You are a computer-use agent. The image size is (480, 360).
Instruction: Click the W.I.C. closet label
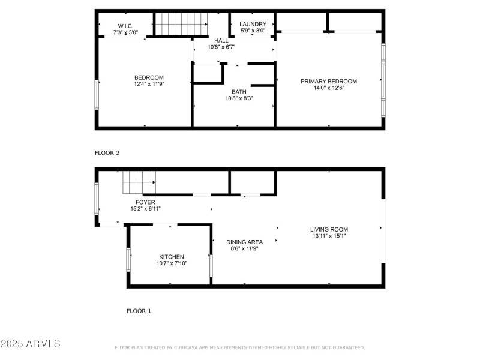125,26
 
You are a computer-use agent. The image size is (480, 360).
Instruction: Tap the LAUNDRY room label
253,24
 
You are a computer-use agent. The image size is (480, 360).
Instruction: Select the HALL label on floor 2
221,40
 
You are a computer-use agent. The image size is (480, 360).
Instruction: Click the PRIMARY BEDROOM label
328,82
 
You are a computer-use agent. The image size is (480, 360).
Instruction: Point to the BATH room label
239,92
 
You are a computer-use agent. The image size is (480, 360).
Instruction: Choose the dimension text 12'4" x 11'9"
149,85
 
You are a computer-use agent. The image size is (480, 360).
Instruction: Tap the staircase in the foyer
139,181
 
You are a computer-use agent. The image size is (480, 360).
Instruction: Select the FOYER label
145,202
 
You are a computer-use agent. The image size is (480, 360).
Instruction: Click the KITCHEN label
171,257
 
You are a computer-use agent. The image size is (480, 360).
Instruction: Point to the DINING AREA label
244,242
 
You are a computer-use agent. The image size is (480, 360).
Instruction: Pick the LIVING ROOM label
329,229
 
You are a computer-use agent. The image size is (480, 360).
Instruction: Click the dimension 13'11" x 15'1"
329,236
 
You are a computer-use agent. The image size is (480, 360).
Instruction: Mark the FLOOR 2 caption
107,153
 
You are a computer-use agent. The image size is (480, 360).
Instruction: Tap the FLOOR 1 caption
139,311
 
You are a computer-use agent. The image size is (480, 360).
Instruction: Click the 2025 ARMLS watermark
31,344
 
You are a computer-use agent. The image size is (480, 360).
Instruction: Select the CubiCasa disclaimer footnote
239,347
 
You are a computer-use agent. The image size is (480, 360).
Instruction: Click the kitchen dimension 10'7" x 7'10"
171,263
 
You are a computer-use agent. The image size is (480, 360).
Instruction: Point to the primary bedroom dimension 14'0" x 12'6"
328,89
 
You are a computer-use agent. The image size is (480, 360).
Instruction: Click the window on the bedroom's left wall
97,95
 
